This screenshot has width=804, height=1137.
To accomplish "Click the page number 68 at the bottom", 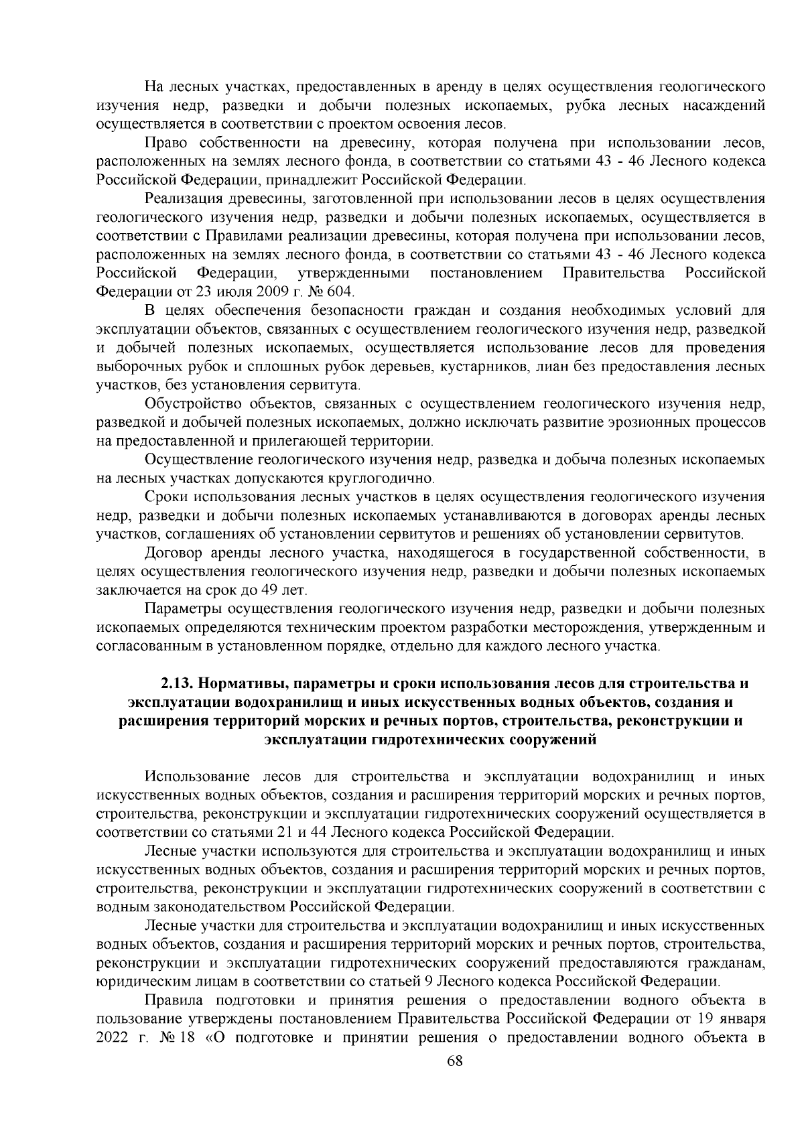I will click(455, 1079).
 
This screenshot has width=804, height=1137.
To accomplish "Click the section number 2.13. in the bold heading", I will click(176, 683).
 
